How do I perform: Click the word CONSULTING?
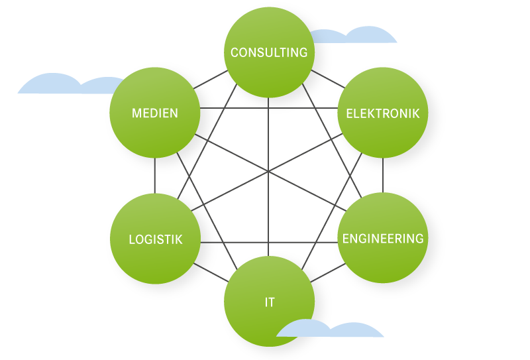(269, 52)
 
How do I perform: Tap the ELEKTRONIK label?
(383, 113)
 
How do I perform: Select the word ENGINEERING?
(383, 239)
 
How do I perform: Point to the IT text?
(269, 302)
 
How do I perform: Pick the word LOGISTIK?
(155, 239)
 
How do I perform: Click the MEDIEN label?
(155, 113)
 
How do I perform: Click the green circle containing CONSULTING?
(269, 73)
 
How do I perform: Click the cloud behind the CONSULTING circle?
(361, 36)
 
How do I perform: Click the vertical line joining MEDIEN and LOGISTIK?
(155, 176)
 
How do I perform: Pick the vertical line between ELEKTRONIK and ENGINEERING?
(383, 176)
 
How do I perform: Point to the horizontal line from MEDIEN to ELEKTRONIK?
(269, 107)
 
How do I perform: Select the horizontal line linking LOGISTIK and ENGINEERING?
(269, 242)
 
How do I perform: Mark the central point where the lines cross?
(269, 173)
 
